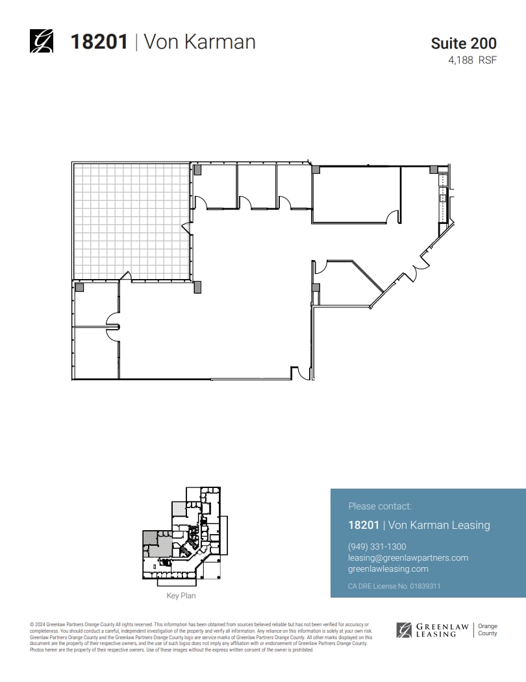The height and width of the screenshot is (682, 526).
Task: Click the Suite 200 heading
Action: coord(464,43)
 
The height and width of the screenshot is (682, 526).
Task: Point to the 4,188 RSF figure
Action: coord(472,60)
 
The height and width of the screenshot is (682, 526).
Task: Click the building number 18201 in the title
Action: coord(98,42)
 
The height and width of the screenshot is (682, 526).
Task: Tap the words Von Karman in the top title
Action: coord(199,42)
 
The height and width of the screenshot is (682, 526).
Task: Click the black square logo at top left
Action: coord(42,42)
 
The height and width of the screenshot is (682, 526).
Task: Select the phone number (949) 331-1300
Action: coord(377,546)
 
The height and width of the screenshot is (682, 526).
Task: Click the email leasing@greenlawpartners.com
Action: coord(408,557)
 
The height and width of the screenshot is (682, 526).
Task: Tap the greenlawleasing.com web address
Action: coord(388,568)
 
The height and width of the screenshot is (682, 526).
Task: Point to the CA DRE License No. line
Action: coord(394,586)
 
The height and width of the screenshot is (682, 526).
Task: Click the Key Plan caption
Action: coord(181,595)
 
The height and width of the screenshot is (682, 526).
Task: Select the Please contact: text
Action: coord(380,506)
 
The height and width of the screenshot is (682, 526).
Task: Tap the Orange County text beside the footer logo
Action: coord(488,629)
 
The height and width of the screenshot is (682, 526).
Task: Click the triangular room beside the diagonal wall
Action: coord(344,282)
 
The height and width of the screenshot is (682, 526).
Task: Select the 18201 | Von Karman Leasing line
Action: coord(419,525)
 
